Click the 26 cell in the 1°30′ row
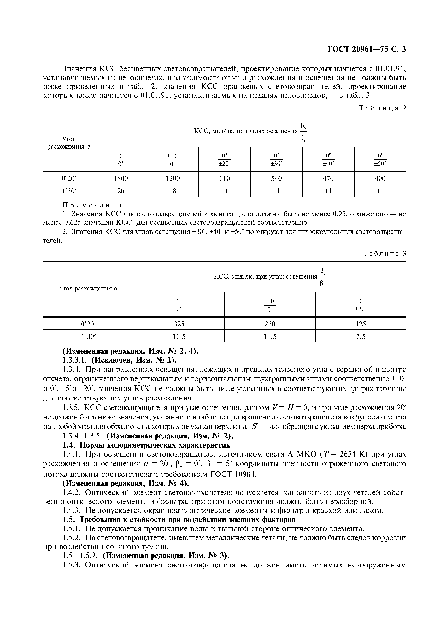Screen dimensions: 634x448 (121, 191)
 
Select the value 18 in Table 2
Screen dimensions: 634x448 (173, 191)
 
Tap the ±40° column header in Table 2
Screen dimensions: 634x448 (328, 160)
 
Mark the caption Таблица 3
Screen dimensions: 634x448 (385, 254)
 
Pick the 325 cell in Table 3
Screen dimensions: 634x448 (179, 324)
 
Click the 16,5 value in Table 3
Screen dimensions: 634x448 (179, 336)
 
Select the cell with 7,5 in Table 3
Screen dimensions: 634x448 (361, 336)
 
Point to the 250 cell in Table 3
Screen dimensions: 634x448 (270, 324)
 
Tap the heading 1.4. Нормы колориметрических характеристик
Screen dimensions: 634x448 (146, 445)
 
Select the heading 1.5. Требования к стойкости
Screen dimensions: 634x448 (179, 519)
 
